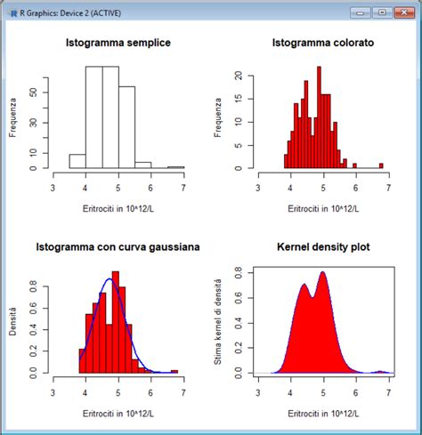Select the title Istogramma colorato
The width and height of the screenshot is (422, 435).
point(324,43)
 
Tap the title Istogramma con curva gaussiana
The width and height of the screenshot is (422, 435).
point(118,246)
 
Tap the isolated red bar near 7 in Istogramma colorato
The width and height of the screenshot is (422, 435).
point(381,165)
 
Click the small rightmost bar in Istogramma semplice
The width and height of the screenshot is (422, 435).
point(175,167)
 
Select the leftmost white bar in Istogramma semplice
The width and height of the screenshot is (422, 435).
point(77,161)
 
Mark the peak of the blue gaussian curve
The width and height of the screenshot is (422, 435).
point(110,279)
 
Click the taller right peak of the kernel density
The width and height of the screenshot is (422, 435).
point(322,273)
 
